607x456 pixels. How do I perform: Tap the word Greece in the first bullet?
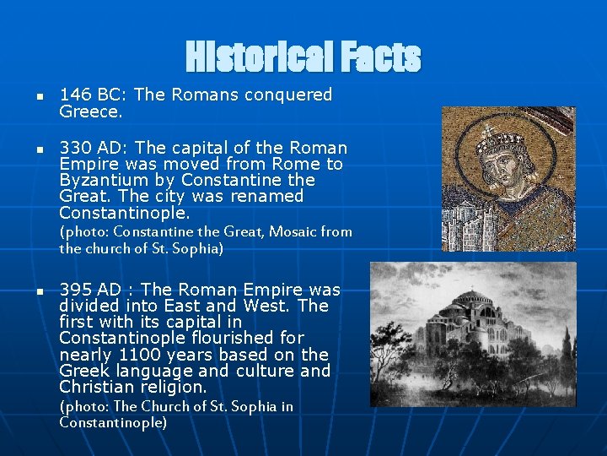pyautogui.click(x=89, y=111)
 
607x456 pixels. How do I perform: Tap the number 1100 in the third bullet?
pyautogui.click(x=136, y=355)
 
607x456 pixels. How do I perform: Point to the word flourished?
pyautogui.click(x=254, y=338)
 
